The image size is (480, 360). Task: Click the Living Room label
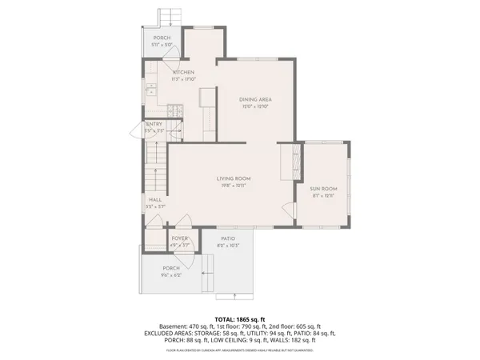pyautogui.click(x=234, y=178)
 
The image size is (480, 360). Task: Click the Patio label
pyautogui.click(x=228, y=238)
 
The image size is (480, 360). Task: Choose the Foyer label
pyautogui.click(x=179, y=238)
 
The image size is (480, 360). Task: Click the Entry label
pyautogui.click(x=154, y=124)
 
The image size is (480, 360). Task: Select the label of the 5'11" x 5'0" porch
pyautogui.click(x=162, y=38)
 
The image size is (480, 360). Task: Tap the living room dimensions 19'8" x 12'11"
pyautogui.click(x=234, y=185)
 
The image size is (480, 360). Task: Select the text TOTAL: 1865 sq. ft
pyautogui.click(x=239, y=318)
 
